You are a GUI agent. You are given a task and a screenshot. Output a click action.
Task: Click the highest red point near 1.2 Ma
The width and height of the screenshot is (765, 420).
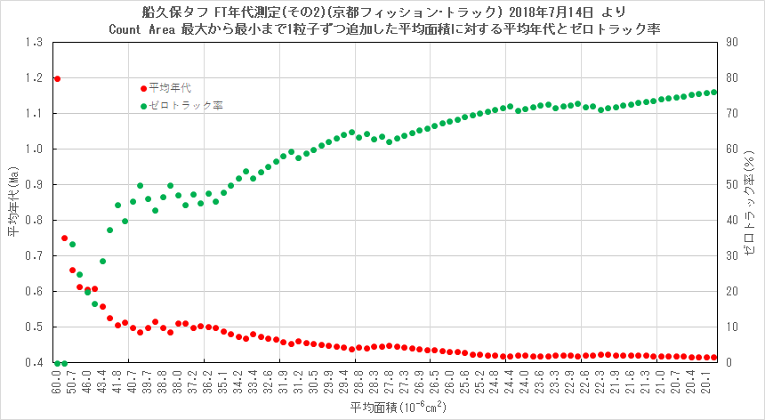(57, 78)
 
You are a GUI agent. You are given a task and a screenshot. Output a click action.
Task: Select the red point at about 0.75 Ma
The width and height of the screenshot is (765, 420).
(64, 238)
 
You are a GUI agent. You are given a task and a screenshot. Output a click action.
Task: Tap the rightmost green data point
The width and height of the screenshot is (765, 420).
(713, 92)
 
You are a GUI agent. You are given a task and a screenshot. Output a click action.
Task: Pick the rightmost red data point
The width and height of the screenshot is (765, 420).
(713, 358)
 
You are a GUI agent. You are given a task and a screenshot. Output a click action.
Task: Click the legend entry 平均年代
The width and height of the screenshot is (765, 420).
(169, 88)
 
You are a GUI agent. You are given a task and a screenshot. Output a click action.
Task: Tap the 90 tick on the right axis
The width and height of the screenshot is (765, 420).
(728, 43)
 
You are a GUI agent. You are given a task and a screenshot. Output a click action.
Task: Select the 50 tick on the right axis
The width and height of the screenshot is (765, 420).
(728, 185)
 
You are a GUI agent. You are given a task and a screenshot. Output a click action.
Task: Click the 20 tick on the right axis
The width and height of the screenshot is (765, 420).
(728, 292)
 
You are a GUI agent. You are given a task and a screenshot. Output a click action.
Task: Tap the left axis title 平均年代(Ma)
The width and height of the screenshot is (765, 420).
(12, 203)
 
